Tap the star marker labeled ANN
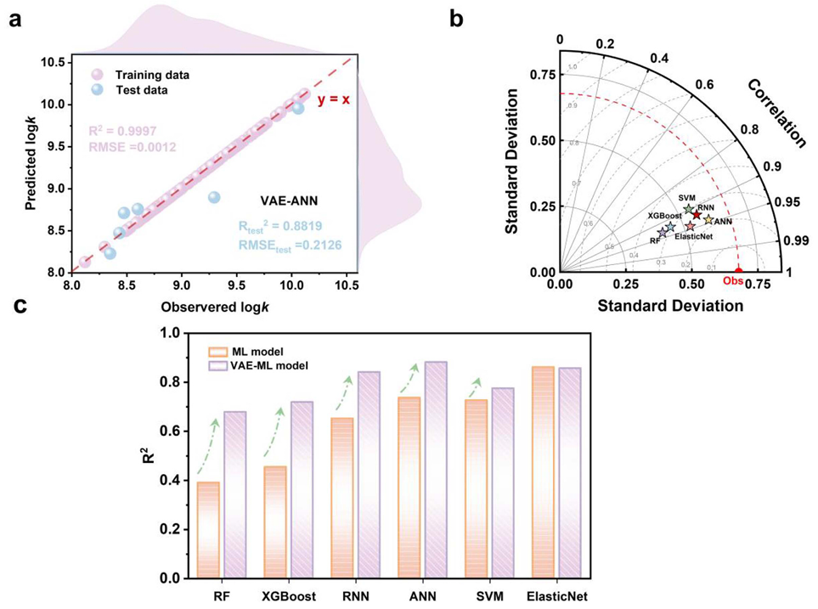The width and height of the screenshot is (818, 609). pyautogui.click(x=708, y=220)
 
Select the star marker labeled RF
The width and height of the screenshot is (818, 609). pyautogui.click(x=663, y=232)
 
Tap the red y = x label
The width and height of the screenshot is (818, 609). pyautogui.click(x=333, y=99)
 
